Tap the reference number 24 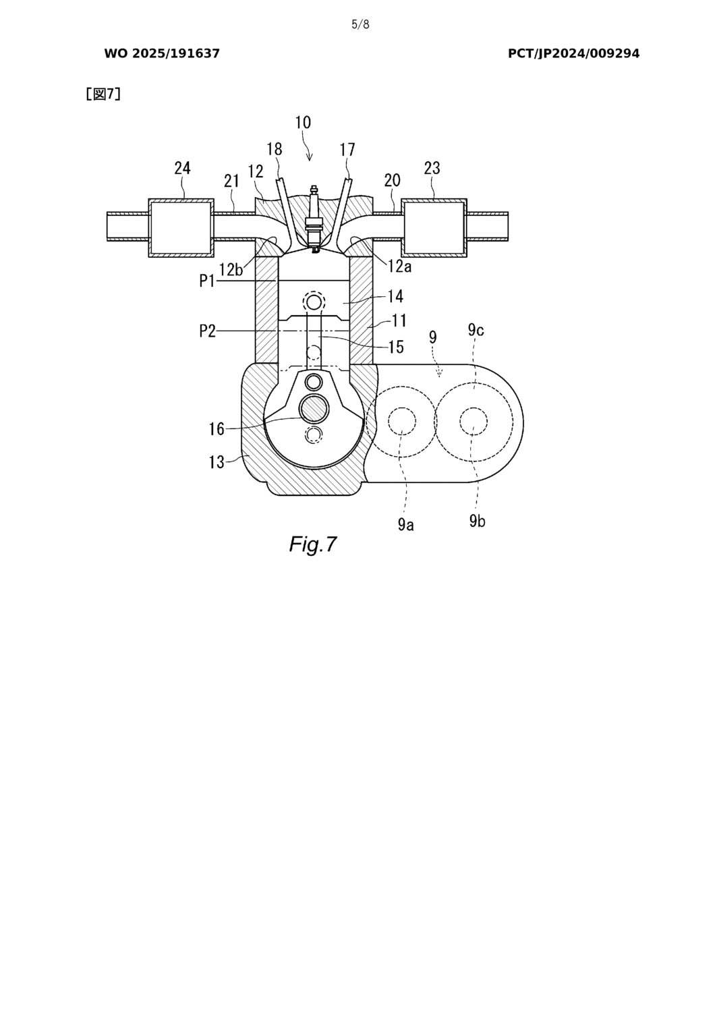[183, 168]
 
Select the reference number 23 [432, 168]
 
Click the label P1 [207, 281]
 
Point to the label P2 [207, 331]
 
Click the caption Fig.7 [313, 544]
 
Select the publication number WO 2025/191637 [162, 54]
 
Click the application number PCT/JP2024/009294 [573, 54]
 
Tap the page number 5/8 [360, 24]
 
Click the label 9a [405, 524]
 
